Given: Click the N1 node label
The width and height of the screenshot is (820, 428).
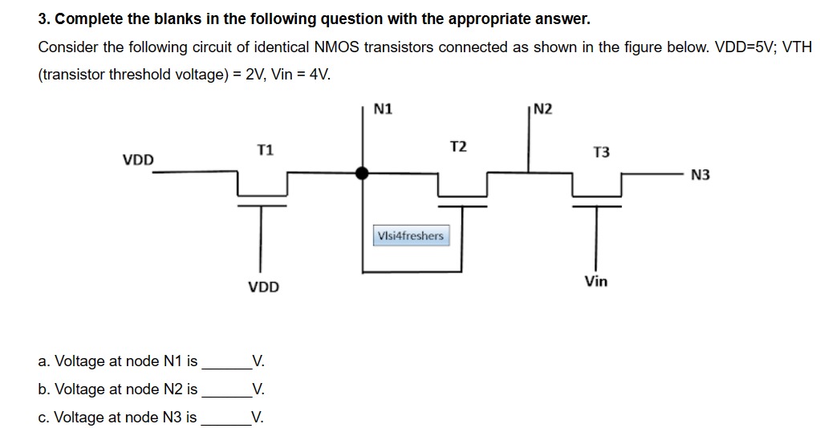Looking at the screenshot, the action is tap(384, 108).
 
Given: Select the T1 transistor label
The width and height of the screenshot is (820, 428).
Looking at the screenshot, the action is tap(265, 149).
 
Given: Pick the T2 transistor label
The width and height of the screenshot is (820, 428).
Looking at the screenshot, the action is tap(458, 146).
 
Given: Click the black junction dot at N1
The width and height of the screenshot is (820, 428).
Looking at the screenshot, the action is tap(363, 172).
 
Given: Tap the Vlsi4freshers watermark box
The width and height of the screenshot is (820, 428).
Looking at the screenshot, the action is tap(409, 236).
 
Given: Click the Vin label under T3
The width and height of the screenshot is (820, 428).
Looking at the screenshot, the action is tap(596, 281).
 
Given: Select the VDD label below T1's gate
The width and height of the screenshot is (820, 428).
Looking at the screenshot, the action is tap(263, 287).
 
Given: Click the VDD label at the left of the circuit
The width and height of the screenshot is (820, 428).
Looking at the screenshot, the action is tap(138, 160).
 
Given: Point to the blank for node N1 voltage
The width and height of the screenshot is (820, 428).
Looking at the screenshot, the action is tap(226, 363).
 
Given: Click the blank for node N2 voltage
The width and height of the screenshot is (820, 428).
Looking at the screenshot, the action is tap(226, 391).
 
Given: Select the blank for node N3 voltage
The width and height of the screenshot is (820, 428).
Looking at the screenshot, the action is tap(226, 419).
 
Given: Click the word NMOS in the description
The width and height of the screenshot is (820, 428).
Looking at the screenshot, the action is tap(334, 47).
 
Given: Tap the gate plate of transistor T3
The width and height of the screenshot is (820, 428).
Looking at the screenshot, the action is tap(597, 205).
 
